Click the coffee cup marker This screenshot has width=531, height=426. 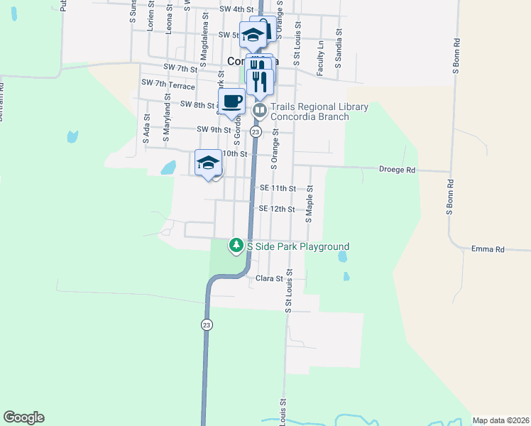[x=231, y=102]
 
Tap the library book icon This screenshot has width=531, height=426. [x=259, y=110]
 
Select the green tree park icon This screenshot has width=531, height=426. [x=236, y=246]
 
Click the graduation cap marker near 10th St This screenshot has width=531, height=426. [x=208, y=163]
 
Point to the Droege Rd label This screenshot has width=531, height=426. [x=397, y=170]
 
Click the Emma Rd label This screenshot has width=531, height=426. [x=487, y=250]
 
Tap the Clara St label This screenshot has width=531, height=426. [x=270, y=279]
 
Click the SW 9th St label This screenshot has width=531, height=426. [x=214, y=130]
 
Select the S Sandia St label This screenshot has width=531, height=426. [x=339, y=48]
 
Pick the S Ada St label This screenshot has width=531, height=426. [x=146, y=130]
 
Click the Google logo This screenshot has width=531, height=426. [x=23, y=417]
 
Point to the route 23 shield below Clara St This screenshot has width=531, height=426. [x=207, y=324]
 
